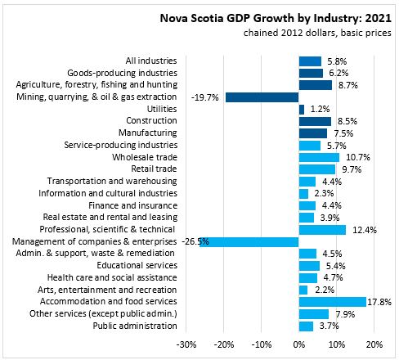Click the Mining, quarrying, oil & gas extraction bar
(262, 97)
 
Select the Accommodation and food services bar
(333, 302)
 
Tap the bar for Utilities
(302, 110)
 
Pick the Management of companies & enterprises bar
(249, 242)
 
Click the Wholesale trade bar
(319, 157)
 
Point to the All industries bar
(310, 61)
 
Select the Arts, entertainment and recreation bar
(303, 290)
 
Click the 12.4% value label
(365, 230)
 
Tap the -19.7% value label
(204, 97)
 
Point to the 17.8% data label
(379, 302)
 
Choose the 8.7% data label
(348, 85)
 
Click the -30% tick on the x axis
(186, 344)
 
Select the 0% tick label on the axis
(299, 344)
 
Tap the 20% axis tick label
(374, 344)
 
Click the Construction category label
(151, 120)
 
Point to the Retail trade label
(154, 169)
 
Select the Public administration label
(135, 326)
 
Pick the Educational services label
(137, 265)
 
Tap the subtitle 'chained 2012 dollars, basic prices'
(317, 33)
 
